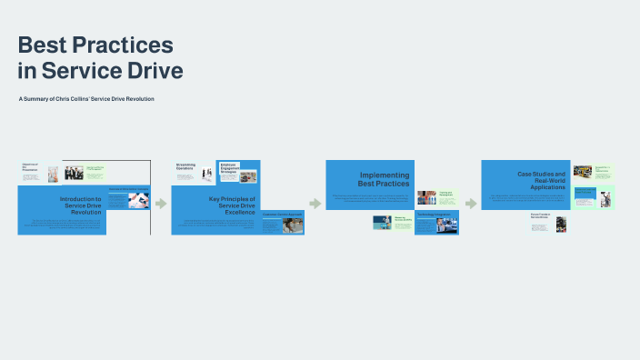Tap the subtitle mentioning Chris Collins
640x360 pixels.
pos(85,98)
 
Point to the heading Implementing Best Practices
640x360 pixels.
pos(385,179)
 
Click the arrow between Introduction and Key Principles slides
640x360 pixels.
pos(161,203)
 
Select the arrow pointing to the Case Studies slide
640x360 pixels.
pos(471,203)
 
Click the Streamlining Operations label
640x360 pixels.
pos(186,166)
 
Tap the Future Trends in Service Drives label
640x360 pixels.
pos(543,216)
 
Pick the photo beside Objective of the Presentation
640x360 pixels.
pos(53,174)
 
